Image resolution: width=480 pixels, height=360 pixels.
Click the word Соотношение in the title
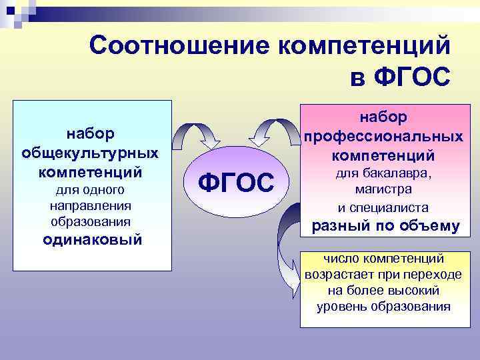178,46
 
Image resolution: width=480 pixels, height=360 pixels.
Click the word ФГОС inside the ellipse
237,182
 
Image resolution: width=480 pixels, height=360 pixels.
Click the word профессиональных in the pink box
383,137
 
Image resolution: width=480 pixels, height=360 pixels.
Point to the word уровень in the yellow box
342,307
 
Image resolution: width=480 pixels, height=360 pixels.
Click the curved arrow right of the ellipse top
273,133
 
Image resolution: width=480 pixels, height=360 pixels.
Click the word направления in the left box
93,206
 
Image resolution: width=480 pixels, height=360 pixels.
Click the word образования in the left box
93,221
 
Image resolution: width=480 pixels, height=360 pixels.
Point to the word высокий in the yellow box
418,291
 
